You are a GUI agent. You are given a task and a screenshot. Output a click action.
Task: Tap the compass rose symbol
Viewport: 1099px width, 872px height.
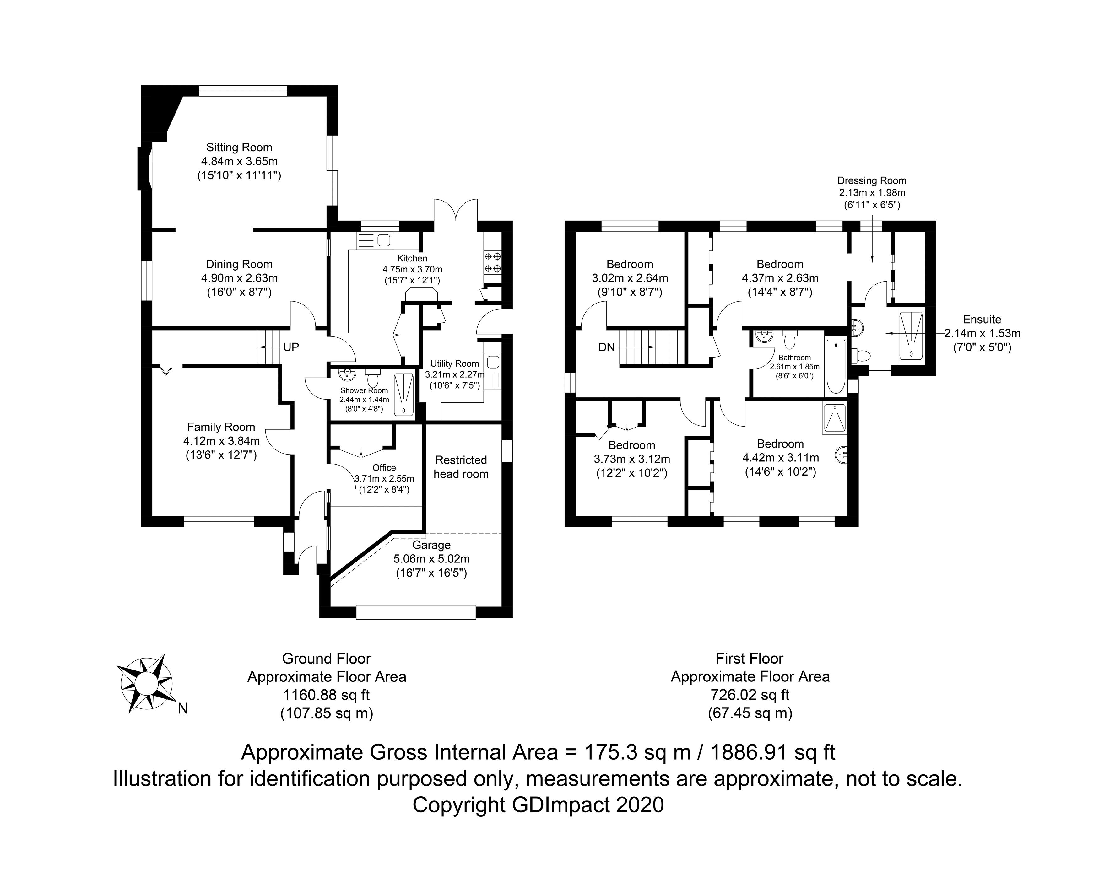(x=145, y=683)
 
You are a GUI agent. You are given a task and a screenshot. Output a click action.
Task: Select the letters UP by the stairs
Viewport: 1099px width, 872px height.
(x=291, y=347)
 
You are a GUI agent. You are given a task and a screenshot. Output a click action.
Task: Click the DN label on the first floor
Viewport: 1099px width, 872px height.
(x=607, y=347)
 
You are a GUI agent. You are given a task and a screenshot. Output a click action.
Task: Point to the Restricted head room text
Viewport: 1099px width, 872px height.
(x=461, y=467)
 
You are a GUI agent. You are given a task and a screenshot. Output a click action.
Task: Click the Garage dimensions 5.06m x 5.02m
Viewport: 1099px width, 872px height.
(x=431, y=558)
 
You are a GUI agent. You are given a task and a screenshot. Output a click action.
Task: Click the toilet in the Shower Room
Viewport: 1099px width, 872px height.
(x=373, y=379)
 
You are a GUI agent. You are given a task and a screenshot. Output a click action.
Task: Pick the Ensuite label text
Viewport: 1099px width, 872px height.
(x=982, y=320)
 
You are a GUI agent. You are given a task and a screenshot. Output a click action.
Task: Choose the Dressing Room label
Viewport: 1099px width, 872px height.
(x=872, y=180)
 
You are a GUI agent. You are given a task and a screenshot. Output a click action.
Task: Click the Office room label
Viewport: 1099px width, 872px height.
(x=384, y=467)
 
